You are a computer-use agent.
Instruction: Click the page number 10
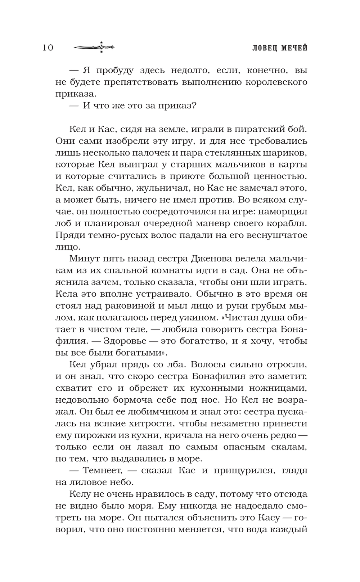(x=48, y=48)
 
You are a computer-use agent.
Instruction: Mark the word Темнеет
(x=100, y=470)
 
